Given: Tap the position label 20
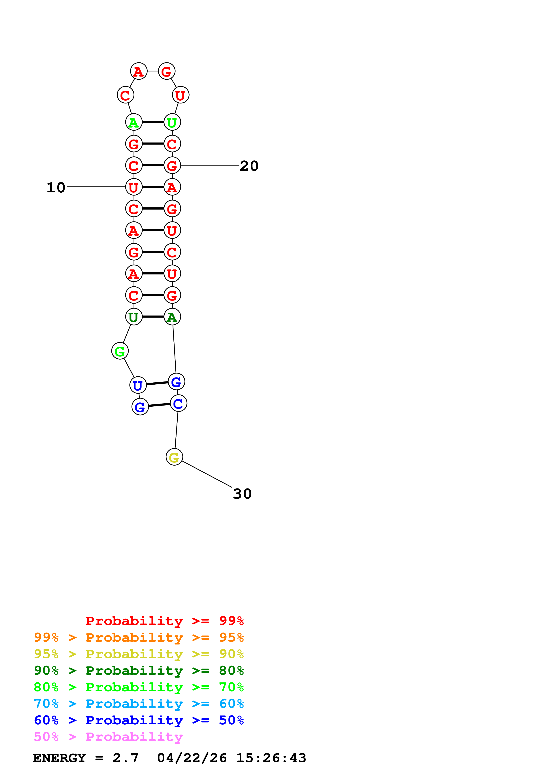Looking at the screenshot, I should pyautogui.click(x=249, y=166).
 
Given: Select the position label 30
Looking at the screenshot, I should pyautogui.click(x=242, y=494).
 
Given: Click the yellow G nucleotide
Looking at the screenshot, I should pyautogui.click(x=174, y=457).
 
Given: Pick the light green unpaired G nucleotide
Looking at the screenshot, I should pyautogui.click(x=120, y=351).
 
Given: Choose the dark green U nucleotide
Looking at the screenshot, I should pyautogui.click(x=134, y=317).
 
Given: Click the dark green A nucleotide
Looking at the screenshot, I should pyautogui.click(x=172, y=317).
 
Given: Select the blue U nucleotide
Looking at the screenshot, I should pyautogui.click(x=138, y=385).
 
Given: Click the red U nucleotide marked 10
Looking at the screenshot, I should pyautogui.click(x=134, y=187).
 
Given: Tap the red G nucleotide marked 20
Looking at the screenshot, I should pyautogui.click(x=172, y=165).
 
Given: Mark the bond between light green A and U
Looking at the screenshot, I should pyautogui.click(x=153, y=122).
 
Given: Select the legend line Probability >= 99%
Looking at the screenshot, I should pyautogui.click(x=164, y=621).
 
